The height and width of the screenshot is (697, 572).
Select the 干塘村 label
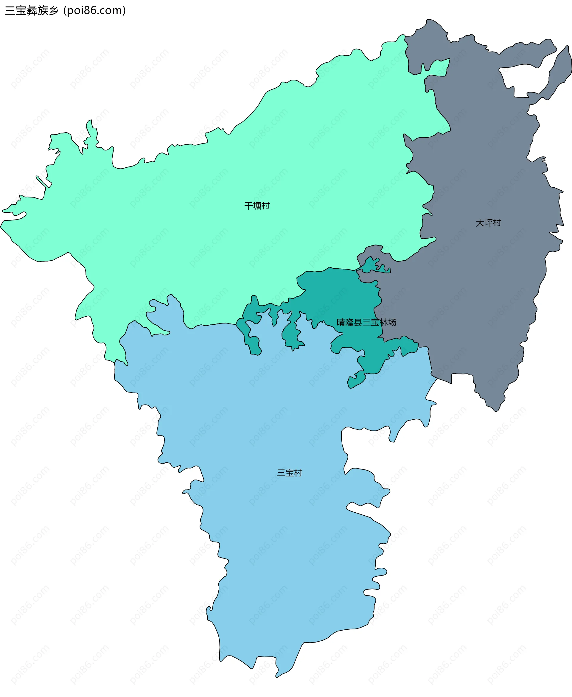coord(257,206)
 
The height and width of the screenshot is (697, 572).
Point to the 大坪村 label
coord(488,223)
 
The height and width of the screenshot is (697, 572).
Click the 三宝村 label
coord(290,473)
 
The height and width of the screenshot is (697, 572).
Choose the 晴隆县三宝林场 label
coord(366,322)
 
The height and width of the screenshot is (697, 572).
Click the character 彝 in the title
coord(32,10)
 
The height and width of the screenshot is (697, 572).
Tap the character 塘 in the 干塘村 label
coord(257,206)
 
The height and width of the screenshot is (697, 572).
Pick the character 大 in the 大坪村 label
coord(480,223)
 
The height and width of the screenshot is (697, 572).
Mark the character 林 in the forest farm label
coord(383,322)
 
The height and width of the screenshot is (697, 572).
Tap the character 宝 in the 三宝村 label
coord(290,473)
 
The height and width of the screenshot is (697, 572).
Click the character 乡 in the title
coord(53,10)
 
